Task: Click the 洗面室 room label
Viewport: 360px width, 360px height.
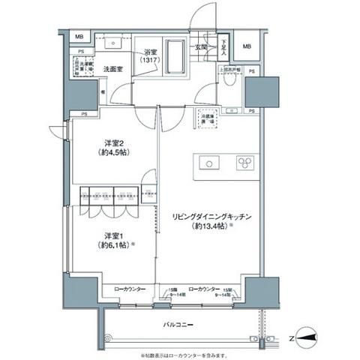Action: point(113,66)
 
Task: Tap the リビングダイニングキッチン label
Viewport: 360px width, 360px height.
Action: point(211,216)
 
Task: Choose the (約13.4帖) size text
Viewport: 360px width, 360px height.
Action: point(212,226)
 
